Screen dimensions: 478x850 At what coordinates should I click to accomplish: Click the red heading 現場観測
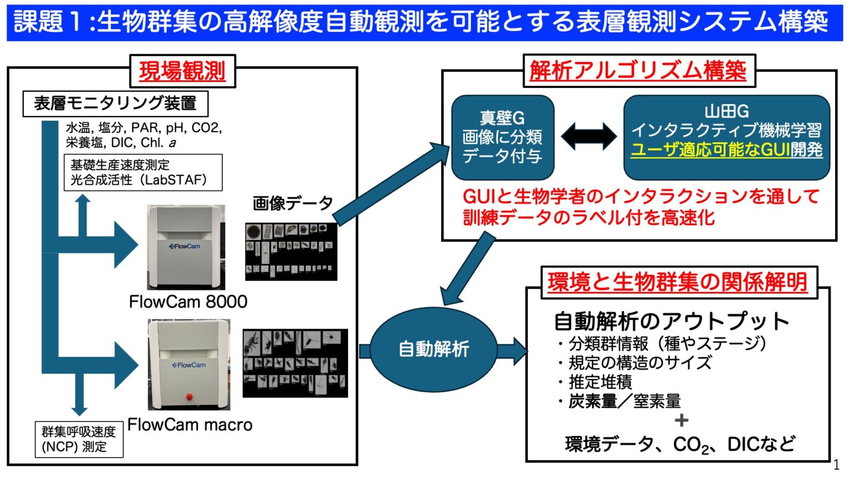pyautogui.click(x=182, y=71)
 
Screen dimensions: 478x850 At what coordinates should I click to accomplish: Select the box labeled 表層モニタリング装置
pyautogui.click(x=115, y=103)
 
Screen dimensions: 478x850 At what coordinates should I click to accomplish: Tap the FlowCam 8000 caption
pyautogui.click(x=188, y=302)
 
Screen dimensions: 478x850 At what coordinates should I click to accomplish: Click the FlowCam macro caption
pyautogui.click(x=190, y=425)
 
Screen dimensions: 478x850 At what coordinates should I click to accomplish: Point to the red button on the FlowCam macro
pyautogui.click(x=189, y=397)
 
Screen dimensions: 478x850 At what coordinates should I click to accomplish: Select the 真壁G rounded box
pyautogui.click(x=502, y=137)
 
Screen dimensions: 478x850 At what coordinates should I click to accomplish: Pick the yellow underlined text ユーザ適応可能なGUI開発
pyautogui.click(x=726, y=150)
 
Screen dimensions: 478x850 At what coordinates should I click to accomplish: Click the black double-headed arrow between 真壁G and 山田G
pyautogui.click(x=588, y=136)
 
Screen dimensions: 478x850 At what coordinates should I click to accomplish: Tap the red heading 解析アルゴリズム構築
pyautogui.click(x=638, y=71)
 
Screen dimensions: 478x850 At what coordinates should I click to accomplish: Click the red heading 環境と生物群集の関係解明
pyautogui.click(x=677, y=282)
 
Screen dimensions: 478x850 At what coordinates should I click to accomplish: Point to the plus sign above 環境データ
pyautogui.click(x=681, y=420)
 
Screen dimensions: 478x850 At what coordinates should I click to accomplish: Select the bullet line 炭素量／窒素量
pyautogui.click(x=624, y=401)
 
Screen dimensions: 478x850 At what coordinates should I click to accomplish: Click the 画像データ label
pyautogui.click(x=293, y=204)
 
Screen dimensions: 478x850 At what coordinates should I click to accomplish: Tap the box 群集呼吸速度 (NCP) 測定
pyautogui.click(x=79, y=439)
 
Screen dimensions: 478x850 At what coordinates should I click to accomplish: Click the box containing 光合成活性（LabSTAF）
pyautogui.click(x=143, y=173)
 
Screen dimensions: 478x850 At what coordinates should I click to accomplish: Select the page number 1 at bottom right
pyautogui.click(x=836, y=465)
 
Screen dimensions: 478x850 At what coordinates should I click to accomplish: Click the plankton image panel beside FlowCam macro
pyautogui.click(x=295, y=363)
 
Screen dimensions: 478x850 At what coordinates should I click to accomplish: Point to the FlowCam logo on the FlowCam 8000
pyautogui.click(x=185, y=246)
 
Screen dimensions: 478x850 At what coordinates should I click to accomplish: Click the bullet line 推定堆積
pyautogui.click(x=600, y=382)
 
